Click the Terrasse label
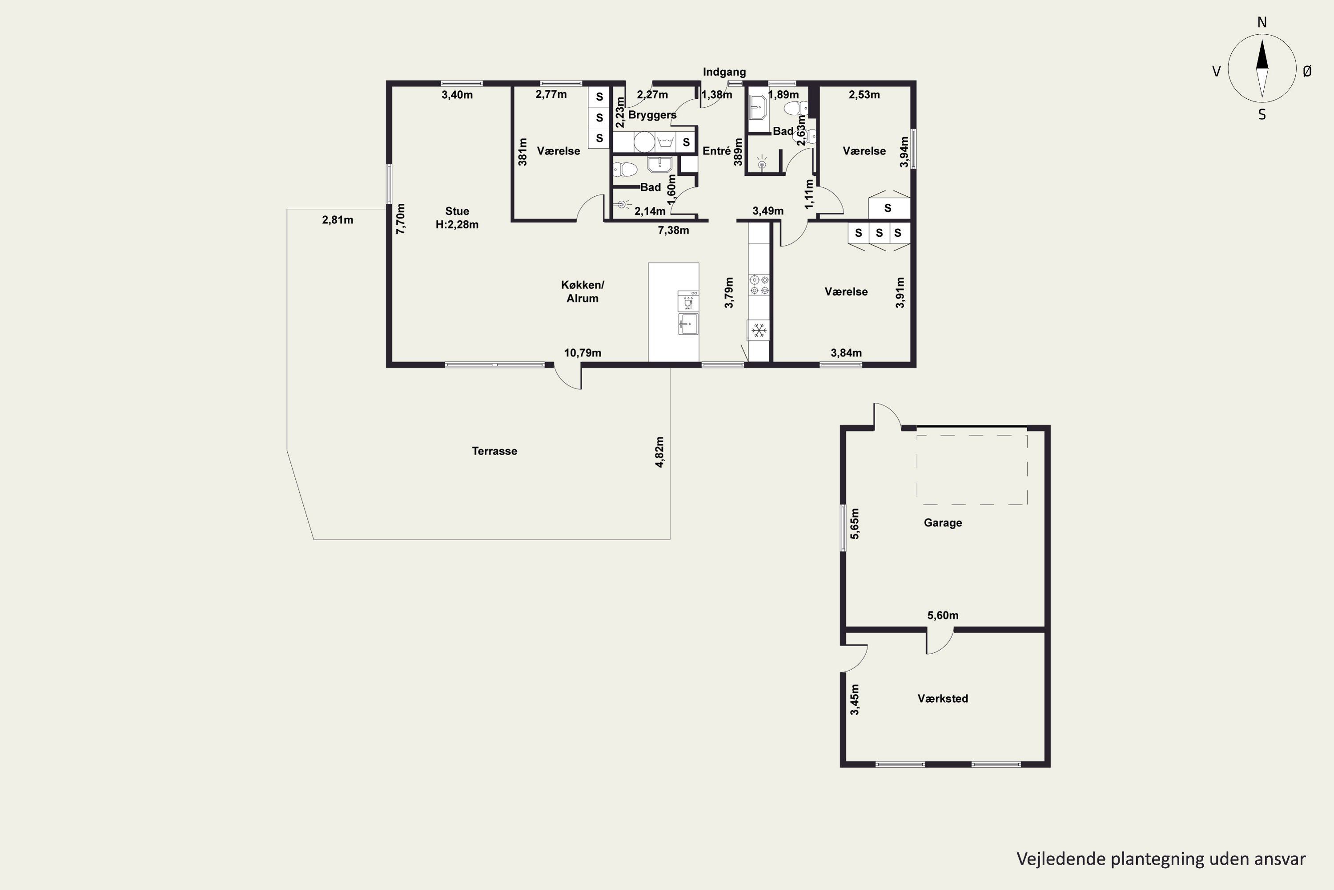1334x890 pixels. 494,451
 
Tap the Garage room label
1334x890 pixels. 943,523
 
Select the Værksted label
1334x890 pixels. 943,699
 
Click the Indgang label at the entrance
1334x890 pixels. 724,72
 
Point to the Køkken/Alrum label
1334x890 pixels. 583,291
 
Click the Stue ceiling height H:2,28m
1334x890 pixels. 457,225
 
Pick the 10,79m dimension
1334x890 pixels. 583,353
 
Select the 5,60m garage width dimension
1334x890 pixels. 943,615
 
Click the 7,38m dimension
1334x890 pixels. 673,231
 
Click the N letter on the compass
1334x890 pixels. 1262,22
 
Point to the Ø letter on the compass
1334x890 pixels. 1307,71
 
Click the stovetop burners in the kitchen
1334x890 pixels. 759,285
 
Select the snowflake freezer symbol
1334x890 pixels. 759,330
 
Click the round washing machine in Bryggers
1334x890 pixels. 644,142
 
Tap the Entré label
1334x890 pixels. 716,151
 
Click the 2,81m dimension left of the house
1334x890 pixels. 338,220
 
